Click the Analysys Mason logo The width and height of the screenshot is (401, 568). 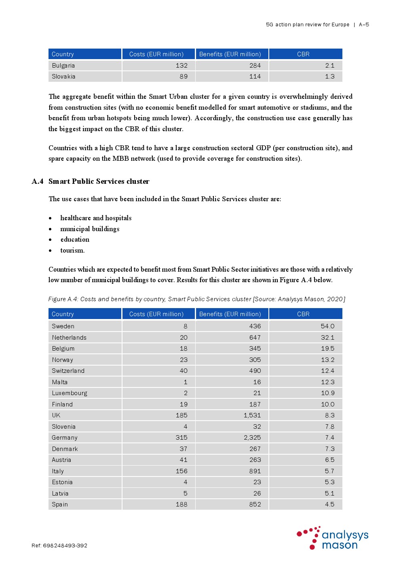332,538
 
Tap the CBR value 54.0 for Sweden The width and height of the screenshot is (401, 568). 327,326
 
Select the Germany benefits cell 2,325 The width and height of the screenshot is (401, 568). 252,438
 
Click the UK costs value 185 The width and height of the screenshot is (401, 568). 182,415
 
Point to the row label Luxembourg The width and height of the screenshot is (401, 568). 70,393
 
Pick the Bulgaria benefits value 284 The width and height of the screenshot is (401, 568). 255,66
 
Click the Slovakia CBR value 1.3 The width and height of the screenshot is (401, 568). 330,77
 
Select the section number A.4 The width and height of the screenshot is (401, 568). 38,181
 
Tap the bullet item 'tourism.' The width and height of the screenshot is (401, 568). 73,251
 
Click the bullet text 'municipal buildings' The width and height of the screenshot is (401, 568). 90,229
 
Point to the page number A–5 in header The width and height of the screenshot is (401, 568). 364,25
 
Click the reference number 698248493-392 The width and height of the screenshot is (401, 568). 65,545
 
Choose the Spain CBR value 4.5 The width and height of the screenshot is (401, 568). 330,504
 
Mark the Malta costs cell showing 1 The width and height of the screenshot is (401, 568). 186,382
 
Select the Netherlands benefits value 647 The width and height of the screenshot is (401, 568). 255,338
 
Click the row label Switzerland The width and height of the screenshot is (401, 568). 68,371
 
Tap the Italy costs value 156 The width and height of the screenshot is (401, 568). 182,471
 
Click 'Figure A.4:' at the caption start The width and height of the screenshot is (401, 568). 63,299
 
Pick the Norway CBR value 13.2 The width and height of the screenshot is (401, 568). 327,360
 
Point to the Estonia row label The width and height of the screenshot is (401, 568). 62,482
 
